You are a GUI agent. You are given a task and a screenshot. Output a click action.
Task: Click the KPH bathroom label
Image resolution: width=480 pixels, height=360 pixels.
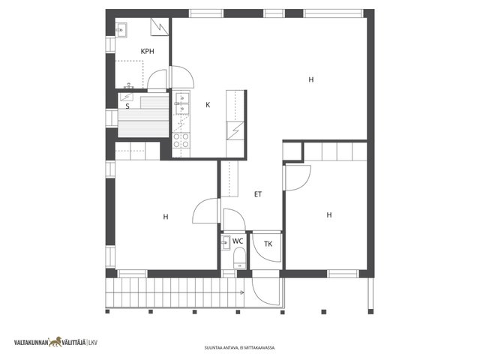coord(147,52)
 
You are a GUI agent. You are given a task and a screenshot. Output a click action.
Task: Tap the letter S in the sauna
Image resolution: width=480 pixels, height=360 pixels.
coord(127,106)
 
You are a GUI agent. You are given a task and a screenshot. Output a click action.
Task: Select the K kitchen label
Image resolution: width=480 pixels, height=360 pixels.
coord(208,105)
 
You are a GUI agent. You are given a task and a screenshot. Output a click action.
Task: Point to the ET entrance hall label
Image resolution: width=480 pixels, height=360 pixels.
coord(258,194)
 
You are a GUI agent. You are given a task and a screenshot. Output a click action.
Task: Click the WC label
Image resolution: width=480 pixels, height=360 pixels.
coord(238,241)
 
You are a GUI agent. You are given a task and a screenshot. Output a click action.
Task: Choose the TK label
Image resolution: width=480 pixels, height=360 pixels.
coord(268,244)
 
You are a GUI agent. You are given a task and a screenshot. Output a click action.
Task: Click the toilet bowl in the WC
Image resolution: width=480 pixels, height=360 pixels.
coord(239,258)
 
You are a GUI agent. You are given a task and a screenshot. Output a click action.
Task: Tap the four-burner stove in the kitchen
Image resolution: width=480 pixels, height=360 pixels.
coord(181,140)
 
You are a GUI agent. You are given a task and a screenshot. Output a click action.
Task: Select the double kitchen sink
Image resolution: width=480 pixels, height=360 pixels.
coord(181,103)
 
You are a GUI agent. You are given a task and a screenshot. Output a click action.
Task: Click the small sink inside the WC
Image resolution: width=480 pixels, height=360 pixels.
coord(226,243)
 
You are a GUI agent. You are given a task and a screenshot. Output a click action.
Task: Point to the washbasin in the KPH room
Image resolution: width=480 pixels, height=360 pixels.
coord(120,30)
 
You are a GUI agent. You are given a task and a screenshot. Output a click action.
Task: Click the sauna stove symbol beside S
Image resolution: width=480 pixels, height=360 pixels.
coord(127,97)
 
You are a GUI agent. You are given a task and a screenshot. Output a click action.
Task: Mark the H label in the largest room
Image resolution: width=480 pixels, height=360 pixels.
coord(311,80)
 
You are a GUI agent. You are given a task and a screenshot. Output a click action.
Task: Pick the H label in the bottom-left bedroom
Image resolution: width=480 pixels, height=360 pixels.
coord(166,217)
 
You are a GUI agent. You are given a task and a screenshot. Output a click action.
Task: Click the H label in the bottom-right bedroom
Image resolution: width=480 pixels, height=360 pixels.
coord(329,215)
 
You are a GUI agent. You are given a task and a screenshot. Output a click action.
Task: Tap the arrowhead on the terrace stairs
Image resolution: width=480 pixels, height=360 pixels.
coord(242,292)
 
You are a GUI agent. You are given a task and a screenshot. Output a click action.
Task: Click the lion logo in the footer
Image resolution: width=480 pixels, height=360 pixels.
coord(55,342)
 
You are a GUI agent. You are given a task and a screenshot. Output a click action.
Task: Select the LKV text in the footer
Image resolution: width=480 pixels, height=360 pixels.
coord(93,343)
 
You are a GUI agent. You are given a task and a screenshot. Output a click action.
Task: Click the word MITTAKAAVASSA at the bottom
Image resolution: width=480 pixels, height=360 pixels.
coord(264,348)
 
